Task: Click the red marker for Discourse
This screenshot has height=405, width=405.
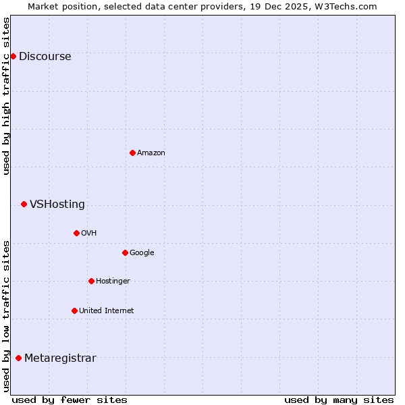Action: pyautogui.click(x=13, y=56)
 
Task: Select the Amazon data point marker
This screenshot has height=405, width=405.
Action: pyautogui.click(x=132, y=153)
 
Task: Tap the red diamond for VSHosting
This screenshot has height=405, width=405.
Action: pyautogui.click(x=24, y=204)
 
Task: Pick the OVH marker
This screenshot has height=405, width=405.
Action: pyautogui.click(x=76, y=233)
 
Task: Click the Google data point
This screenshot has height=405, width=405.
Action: pyautogui.click(x=125, y=252)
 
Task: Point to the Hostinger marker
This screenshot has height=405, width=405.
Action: pyautogui.click(x=91, y=281)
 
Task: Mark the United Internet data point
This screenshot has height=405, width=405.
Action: pyautogui.click(x=74, y=310)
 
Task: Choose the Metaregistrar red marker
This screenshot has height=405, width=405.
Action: pyautogui.click(x=18, y=358)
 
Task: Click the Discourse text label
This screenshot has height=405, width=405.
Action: pyautogui.click(x=45, y=57)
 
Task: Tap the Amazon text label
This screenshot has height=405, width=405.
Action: pyautogui.click(x=151, y=153)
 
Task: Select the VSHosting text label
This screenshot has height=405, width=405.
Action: pyautogui.click(x=57, y=205)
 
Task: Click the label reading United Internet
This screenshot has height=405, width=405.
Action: pyautogui.click(x=107, y=311)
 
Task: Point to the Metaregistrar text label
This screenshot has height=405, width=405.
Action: pyautogui.click(x=60, y=358)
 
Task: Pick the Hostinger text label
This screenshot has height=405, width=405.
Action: pyautogui.click(x=113, y=281)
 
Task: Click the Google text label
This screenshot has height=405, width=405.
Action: pyautogui.click(x=142, y=253)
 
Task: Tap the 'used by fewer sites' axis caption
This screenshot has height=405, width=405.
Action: pyautogui.click(x=70, y=400)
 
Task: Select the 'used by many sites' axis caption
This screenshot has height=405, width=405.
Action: pyautogui.click(x=339, y=400)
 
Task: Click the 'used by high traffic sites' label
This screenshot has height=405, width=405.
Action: pyautogui.click(x=7, y=96)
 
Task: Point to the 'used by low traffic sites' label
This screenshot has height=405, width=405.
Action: pyautogui.click(x=7, y=316)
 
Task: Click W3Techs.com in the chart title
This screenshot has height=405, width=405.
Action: pyautogui.click(x=344, y=6)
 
